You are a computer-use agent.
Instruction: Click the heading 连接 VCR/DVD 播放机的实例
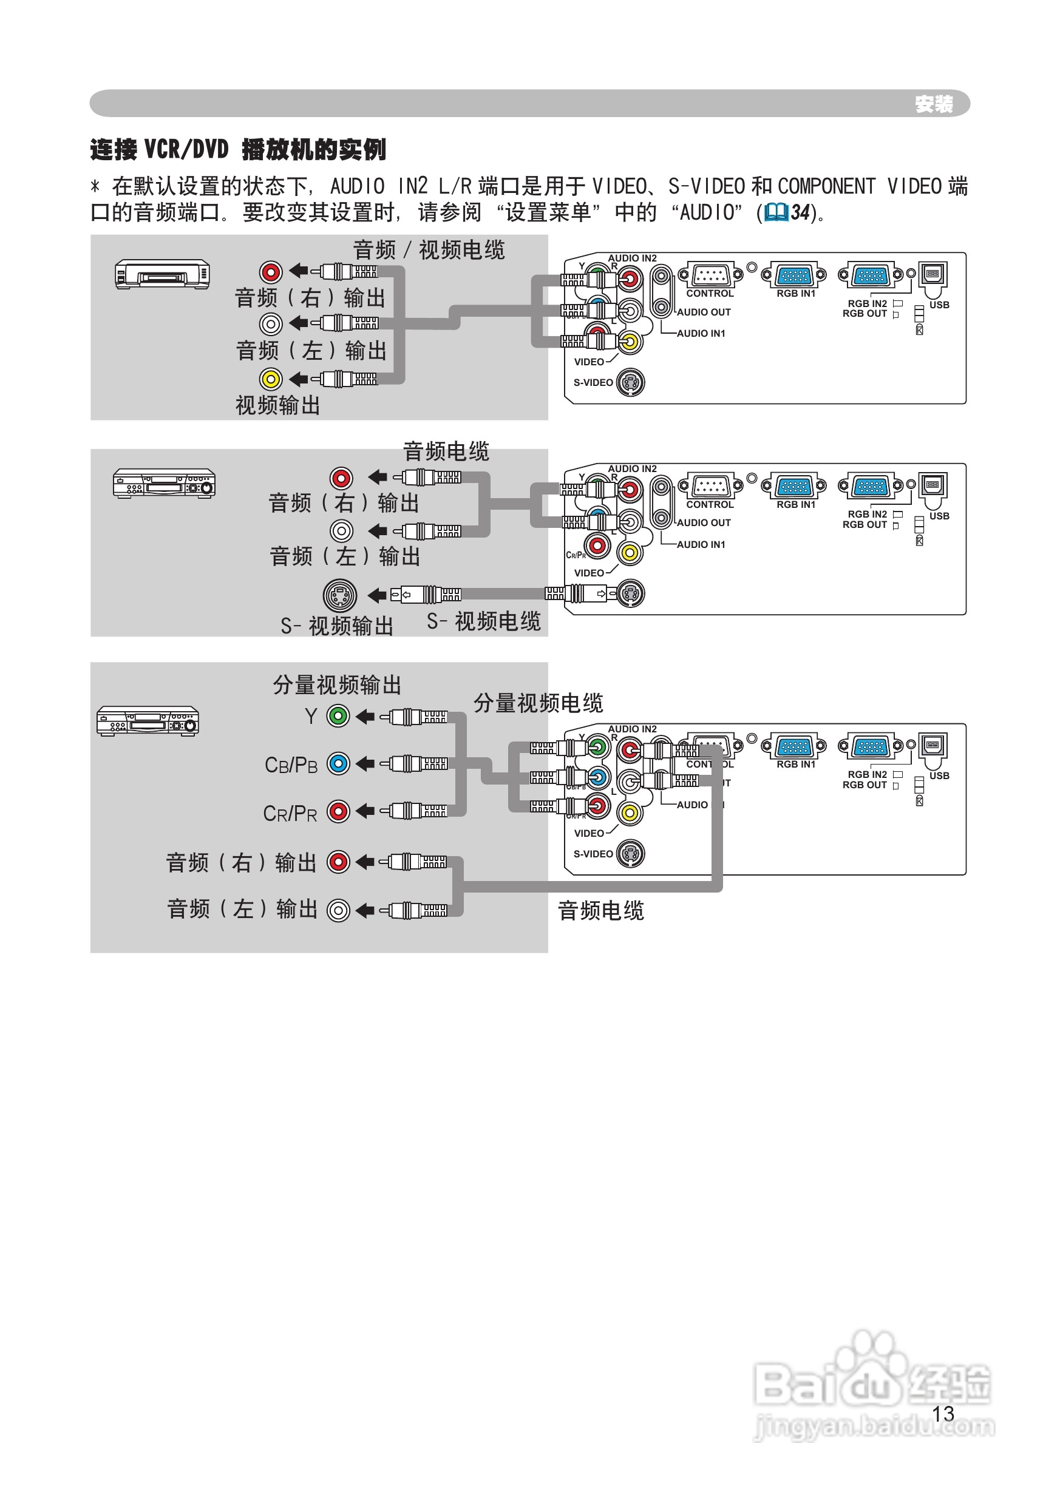coord(238,149)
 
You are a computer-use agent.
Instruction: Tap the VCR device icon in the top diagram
coord(163,274)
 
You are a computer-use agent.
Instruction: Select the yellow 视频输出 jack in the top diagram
coord(271,379)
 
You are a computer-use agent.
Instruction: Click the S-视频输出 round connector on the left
coord(340,595)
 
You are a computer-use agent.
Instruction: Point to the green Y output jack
coord(338,716)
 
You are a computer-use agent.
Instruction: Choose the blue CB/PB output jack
coord(338,763)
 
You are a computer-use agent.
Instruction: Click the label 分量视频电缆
coord(538,703)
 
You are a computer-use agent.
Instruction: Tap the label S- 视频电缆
coord(484,621)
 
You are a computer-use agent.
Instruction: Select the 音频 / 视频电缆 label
coord(429,250)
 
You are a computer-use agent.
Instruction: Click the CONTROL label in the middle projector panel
coord(710,505)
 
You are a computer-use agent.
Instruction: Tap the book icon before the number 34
coord(776,212)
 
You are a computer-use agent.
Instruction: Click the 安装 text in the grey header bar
coord(933,104)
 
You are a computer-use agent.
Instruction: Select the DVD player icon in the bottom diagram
coord(148,721)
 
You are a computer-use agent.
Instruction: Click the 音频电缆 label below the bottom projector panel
coord(600,911)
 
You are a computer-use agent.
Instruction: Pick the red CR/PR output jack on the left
coord(338,811)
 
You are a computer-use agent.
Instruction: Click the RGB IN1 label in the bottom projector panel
coord(796,765)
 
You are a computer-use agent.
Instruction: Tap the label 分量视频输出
coord(337,685)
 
